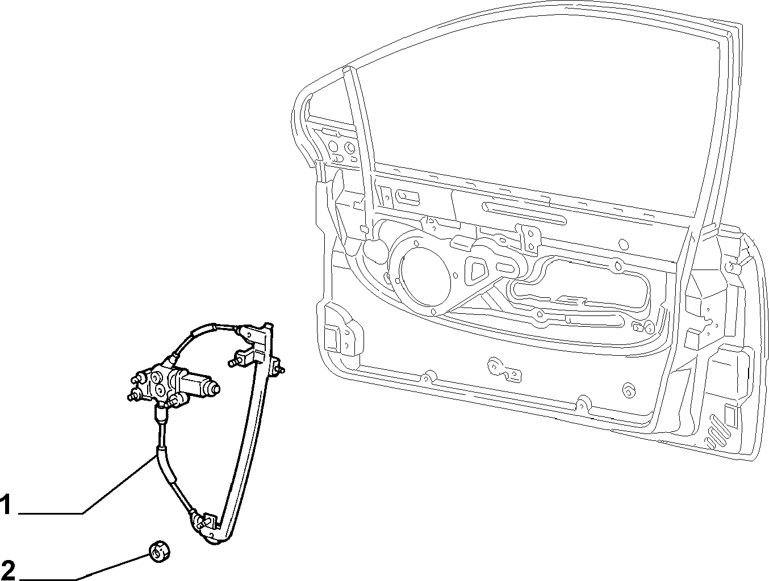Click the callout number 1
(6, 504)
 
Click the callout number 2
(8, 570)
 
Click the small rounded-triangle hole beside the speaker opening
(476, 270)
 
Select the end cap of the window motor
(213, 388)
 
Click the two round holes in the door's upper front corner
(341, 147)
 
